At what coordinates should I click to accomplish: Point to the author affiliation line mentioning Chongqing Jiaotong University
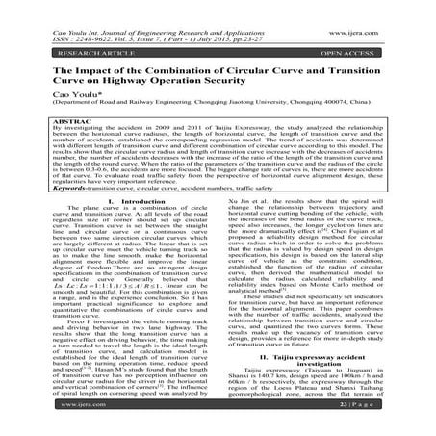pos(218,108)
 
